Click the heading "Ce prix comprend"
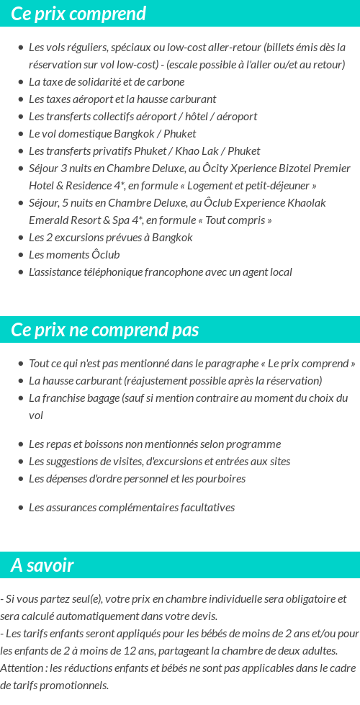[78, 14]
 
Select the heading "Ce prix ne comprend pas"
[105, 330]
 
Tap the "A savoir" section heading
[42, 565]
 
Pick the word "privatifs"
[120, 151]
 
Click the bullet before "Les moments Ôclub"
[21, 255]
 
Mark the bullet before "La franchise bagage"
[21, 398]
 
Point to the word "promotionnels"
[75, 686]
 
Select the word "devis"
[201, 616]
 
